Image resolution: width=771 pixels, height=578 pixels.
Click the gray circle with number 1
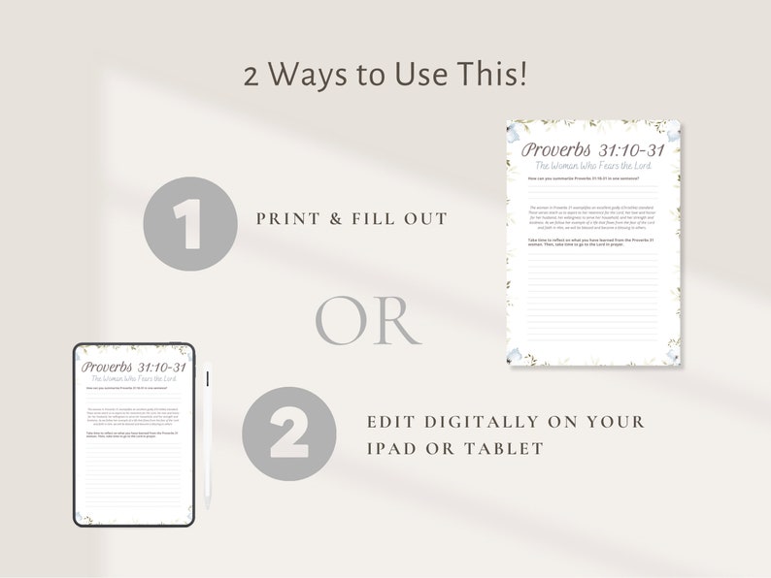tap(190, 218)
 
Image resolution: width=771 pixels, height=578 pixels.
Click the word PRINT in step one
tap(288, 219)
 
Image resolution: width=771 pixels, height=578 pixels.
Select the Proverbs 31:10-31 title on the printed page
tap(593, 150)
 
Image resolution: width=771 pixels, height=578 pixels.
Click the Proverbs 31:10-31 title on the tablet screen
tap(134, 367)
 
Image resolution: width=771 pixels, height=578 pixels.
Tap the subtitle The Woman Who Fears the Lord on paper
tap(593, 168)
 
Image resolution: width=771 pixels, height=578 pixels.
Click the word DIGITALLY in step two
tap(490, 422)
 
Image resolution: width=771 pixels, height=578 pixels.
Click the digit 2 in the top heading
tap(251, 76)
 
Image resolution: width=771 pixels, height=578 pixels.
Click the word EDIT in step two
tap(392, 422)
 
